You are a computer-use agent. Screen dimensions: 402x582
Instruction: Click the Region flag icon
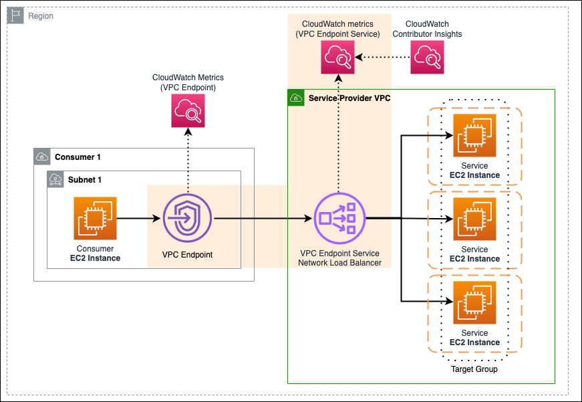click(15, 15)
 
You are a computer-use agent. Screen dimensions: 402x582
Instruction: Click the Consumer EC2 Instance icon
click(95, 218)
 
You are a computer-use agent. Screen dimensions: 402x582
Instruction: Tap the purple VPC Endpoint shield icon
click(188, 218)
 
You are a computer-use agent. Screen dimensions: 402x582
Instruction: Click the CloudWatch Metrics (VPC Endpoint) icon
click(188, 110)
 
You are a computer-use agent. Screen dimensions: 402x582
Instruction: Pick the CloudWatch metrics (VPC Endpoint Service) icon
click(337, 57)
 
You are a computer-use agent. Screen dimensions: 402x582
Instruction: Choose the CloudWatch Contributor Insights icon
click(427, 57)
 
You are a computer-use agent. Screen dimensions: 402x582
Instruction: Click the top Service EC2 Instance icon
click(474, 135)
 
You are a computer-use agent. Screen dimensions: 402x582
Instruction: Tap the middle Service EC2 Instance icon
click(474, 219)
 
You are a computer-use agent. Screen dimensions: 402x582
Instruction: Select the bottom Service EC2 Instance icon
click(474, 302)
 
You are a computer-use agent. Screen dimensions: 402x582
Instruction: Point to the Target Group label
click(474, 369)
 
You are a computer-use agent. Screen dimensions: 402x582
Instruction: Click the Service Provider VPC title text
click(349, 98)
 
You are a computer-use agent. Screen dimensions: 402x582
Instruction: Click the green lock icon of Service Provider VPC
click(295, 98)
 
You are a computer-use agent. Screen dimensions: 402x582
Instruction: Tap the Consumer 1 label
click(78, 157)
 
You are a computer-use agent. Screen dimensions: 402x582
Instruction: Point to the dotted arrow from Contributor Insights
click(382, 57)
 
